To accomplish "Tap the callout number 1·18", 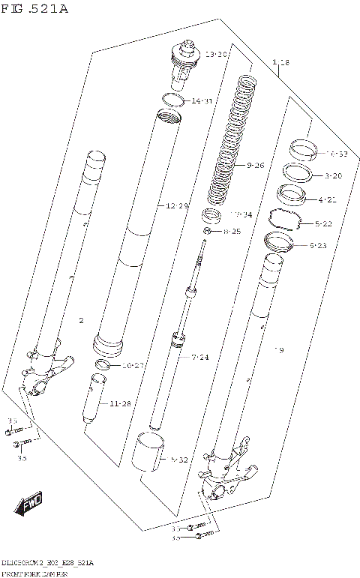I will (x=281, y=61).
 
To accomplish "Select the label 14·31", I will (x=202, y=100).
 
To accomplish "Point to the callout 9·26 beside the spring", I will (x=255, y=165).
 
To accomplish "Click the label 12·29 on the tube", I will (x=177, y=205).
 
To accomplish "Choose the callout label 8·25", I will (x=232, y=232).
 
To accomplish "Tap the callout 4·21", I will (x=327, y=199).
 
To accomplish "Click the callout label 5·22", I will (x=324, y=223).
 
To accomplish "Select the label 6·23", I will (x=318, y=244).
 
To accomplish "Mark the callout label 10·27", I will (x=133, y=365).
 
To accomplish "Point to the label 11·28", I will (x=120, y=403).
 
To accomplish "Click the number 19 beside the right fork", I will (x=278, y=350).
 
